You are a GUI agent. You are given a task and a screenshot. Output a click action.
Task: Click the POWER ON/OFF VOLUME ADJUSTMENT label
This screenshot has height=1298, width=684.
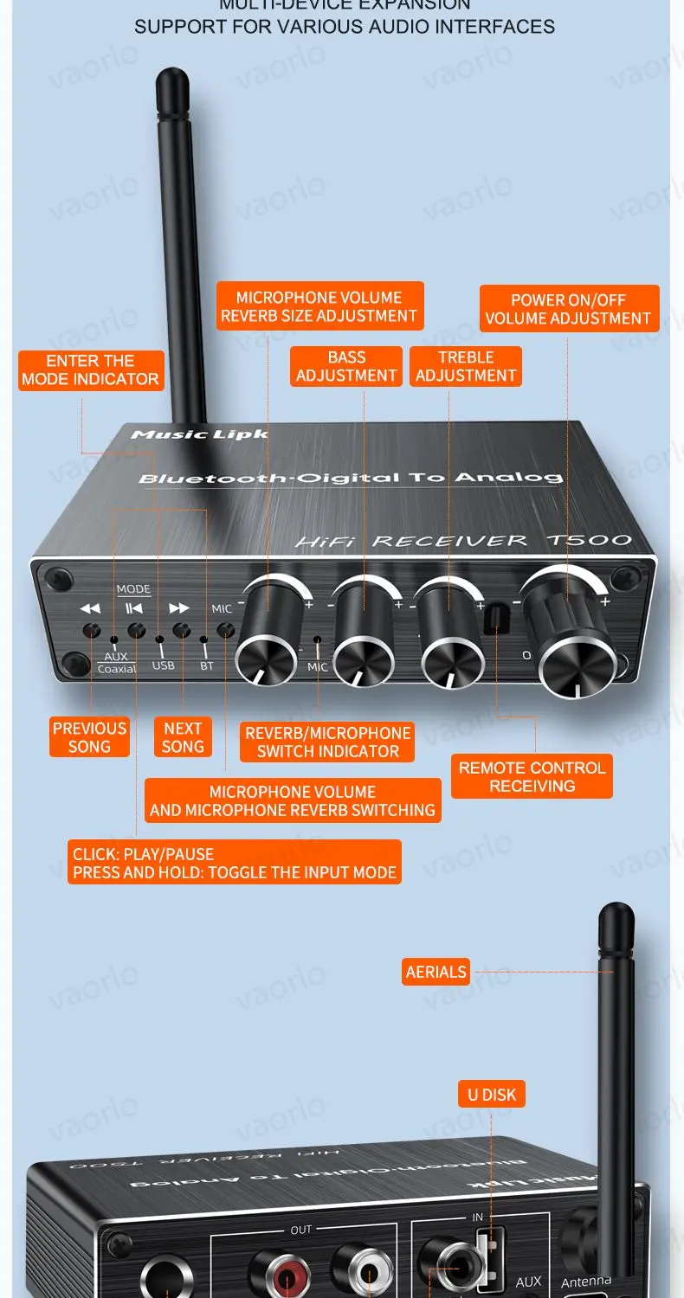click(x=568, y=309)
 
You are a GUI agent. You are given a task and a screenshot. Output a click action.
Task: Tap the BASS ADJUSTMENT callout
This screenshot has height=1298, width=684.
click(x=346, y=366)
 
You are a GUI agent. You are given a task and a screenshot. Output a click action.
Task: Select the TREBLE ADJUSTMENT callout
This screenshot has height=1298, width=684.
click(x=466, y=366)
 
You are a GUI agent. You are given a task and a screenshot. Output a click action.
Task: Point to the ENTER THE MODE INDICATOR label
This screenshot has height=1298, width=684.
click(x=91, y=369)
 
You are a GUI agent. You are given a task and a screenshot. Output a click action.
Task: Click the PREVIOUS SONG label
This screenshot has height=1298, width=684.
click(x=89, y=737)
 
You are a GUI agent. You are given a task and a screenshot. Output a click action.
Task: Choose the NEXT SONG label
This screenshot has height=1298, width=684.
click(x=183, y=737)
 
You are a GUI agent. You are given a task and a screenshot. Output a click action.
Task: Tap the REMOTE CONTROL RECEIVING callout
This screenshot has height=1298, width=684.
click(x=532, y=776)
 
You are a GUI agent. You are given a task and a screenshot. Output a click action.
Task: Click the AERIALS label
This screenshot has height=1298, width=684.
click(x=436, y=972)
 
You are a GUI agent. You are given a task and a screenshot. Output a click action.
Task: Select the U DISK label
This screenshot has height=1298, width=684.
click(x=491, y=1095)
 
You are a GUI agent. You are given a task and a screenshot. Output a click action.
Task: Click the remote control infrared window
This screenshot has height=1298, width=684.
click(x=494, y=620)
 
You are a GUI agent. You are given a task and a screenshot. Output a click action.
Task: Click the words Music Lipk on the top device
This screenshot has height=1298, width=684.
click(x=198, y=434)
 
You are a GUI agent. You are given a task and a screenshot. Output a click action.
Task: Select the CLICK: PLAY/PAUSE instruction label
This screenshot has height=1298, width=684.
click(x=234, y=863)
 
